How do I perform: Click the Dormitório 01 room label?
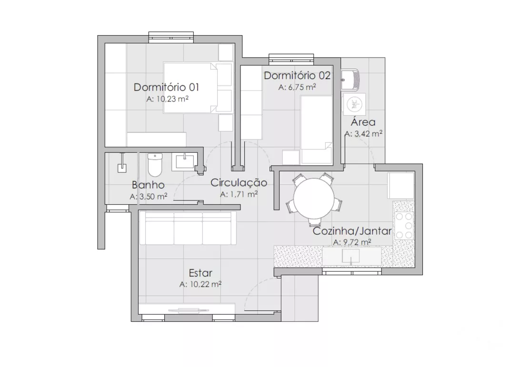tap(167, 88)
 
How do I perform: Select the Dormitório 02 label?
tap(297, 76)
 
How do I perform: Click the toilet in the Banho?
tap(155, 165)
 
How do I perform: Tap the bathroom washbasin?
tap(185, 162)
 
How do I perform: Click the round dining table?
tap(313, 198)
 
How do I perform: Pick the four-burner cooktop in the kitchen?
tap(404, 225)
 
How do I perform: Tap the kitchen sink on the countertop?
tap(351, 256)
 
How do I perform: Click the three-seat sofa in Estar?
tap(188, 228)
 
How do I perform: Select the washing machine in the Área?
tap(355, 104)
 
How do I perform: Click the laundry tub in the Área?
tap(350, 80)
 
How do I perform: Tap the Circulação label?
tap(239, 183)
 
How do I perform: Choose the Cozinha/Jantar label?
tap(352, 231)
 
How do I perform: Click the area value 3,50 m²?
tap(148, 196)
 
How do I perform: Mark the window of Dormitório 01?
tap(171, 37)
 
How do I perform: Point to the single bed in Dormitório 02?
tap(317, 130)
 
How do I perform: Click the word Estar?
tap(200, 273)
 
